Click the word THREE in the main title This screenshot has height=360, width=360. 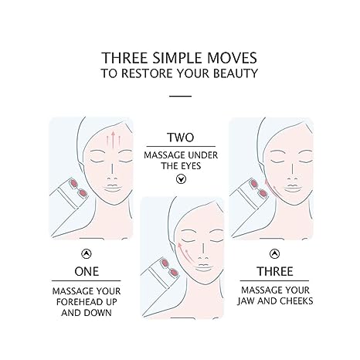(124, 58)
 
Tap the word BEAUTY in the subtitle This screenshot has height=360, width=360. (236, 73)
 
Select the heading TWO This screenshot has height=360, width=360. (181, 138)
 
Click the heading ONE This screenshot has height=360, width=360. (87, 271)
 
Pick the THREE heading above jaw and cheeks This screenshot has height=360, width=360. (275, 271)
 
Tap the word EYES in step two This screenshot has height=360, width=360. (191, 166)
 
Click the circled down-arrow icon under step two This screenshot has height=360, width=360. (181, 178)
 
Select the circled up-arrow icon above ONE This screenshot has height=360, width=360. (87, 253)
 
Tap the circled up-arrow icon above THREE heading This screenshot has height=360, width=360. (275, 253)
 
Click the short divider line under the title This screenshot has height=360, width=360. (180, 97)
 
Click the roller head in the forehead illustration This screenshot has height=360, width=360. (79, 188)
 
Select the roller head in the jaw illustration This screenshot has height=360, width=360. (258, 188)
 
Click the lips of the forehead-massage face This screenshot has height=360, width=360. (113, 188)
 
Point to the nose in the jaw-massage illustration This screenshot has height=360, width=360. (293, 172)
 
